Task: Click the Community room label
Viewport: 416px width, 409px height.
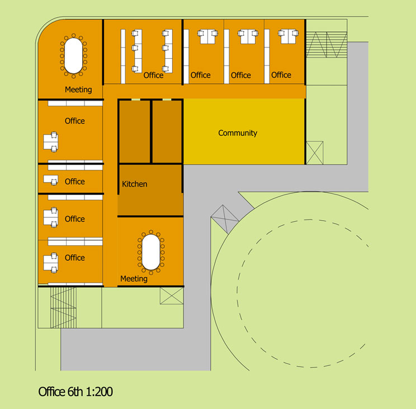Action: click(x=238, y=133)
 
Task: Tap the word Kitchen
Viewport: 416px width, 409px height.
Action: click(x=135, y=184)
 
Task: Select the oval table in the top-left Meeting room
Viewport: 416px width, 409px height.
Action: click(x=73, y=56)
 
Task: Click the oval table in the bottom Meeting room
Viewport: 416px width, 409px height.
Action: click(x=151, y=252)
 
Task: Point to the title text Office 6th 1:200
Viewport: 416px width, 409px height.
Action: click(x=75, y=392)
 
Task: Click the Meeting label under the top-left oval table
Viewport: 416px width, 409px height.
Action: click(x=78, y=89)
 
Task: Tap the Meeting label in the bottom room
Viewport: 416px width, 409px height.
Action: click(x=134, y=279)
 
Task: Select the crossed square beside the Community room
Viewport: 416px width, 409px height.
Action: click(x=315, y=153)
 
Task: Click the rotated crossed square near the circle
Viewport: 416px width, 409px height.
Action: click(x=225, y=219)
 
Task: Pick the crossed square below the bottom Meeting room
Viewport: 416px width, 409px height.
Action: click(x=172, y=296)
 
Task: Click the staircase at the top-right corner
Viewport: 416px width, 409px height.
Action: click(x=327, y=45)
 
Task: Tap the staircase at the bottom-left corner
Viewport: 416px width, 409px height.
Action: click(x=63, y=308)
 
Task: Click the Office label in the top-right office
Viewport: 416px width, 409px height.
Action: click(x=281, y=75)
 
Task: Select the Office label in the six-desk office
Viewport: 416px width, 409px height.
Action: click(x=153, y=75)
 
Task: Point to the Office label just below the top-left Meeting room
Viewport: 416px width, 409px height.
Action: click(x=75, y=121)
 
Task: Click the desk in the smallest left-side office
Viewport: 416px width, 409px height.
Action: click(x=51, y=180)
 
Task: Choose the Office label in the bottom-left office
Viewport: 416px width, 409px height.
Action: click(x=75, y=258)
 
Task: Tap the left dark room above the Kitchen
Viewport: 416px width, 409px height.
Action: click(x=135, y=131)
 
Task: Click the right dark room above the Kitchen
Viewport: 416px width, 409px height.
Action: click(x=167, y=131)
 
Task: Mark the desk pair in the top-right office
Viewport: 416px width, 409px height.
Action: click(x=288, y=36)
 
